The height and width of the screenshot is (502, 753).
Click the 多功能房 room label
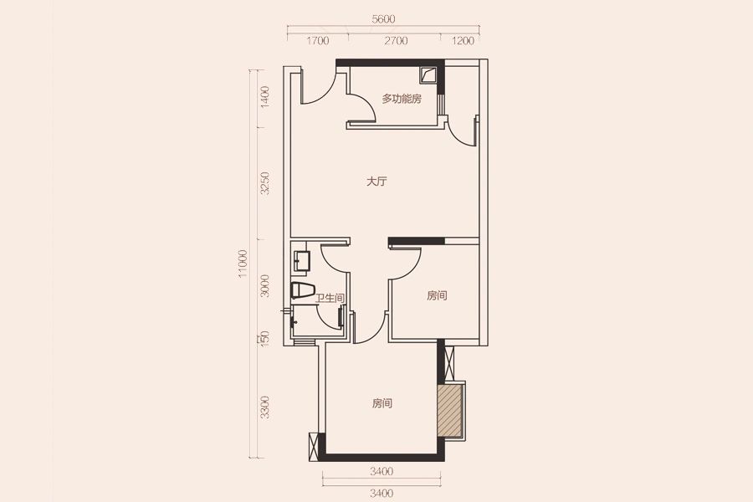pyautogui.click(x=402, y=100)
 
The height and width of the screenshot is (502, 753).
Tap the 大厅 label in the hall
pyautogui.click(x=377, y=182)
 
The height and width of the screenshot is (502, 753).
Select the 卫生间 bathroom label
pyautogui.click(x=330, y=299)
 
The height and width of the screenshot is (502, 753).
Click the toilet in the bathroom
pyautogui.click(x=303, y=290)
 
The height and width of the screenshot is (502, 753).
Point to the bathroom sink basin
pyautogui.click(x=300, y=261)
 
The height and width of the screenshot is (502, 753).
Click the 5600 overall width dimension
pyautogui.click(x=383, y=19)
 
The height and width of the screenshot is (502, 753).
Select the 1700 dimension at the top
pyautogui.click(x=318, y=41)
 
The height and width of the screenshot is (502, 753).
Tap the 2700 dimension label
pyautogui.click(x=397, y=41)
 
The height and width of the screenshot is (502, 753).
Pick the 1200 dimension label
pyautogui.click(x=463, y=41)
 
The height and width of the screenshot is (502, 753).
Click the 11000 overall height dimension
pyautogui.click(x=243, y=264)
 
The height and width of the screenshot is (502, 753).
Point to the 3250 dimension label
pyautogui.click(x=264, y=183)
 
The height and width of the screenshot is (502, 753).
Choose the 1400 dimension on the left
pyautogui.click(x=264, y=97)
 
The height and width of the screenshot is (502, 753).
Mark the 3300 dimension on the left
pyautogui.click(x=264, y=407)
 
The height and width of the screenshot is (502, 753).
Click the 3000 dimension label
pyautogui.click(x=264, y=285)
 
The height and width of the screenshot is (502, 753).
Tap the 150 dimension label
pyautogui.click(x=264, y=339)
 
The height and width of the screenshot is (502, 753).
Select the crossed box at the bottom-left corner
pyautogui.click(x=314, y=447)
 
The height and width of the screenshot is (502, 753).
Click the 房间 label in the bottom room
pyautogui.click(x=382, y=403)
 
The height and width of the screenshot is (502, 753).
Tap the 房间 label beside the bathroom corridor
pyautogui.click(x=437, y=296)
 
